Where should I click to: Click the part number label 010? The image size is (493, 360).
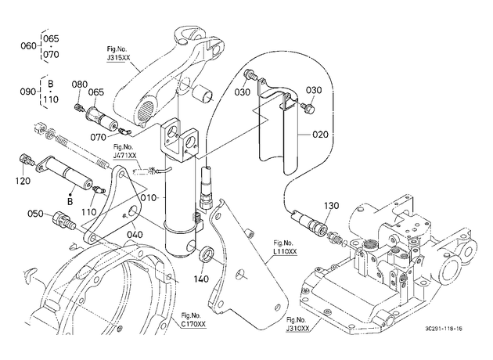149,198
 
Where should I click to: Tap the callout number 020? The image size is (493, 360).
320,135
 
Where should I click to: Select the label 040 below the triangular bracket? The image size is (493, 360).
135,235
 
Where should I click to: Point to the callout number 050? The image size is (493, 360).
35,214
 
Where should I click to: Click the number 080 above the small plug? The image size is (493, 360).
80,85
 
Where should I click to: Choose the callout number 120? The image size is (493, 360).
23,181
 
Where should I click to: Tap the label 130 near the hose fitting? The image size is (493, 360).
331,206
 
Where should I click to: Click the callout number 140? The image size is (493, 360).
201,279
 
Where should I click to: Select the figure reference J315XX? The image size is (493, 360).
118,58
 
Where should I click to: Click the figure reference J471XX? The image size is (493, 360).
125,156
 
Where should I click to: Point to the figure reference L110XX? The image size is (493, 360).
285,251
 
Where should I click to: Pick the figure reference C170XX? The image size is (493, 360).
194,324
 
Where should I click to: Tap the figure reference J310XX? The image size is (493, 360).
297,328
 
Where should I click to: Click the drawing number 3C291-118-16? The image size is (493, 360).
444,329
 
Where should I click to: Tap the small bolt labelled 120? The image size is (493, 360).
27,159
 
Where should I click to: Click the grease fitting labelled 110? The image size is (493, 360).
99,190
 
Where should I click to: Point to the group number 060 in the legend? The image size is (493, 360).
29,46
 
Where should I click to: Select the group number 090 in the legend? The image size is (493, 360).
28,92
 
